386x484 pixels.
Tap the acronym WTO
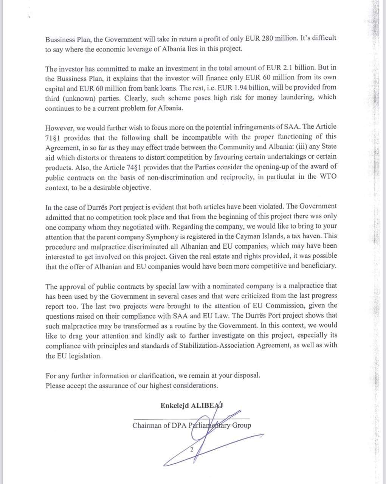click(326, 176)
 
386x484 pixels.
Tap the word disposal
click(246, 376)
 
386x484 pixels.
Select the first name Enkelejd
click(174, 405)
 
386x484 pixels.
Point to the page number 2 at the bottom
click(192, 450)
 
